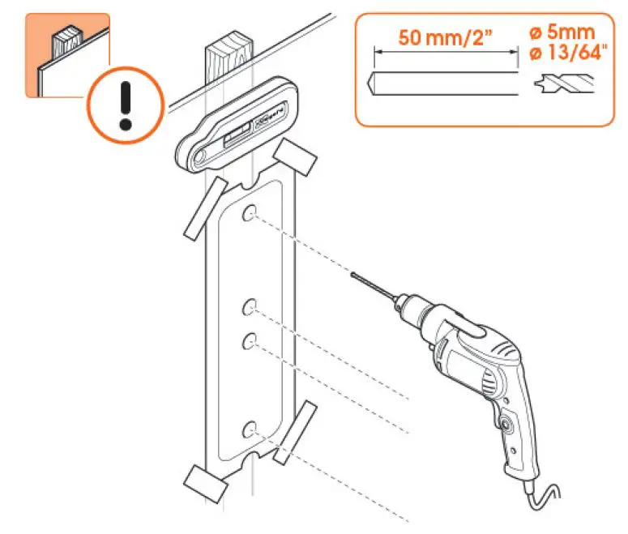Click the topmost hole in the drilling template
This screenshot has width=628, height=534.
click(250, 213)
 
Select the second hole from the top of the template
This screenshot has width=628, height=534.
click(250, 306)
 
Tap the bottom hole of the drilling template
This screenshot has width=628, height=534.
click(250, 426)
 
